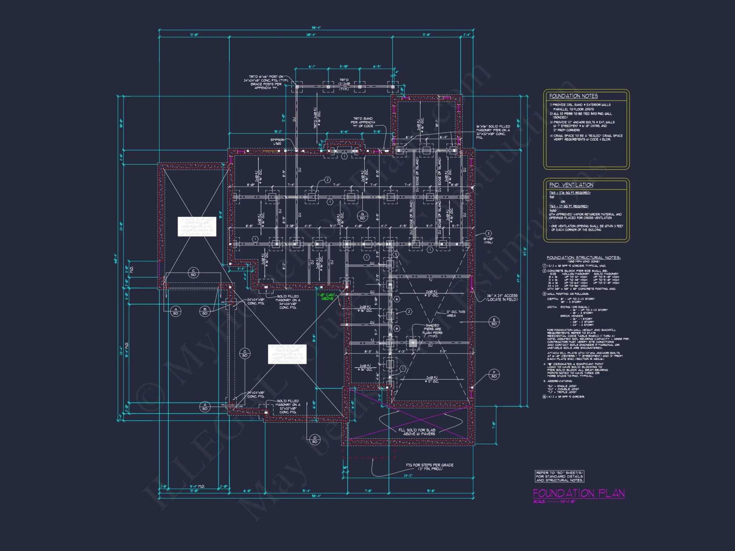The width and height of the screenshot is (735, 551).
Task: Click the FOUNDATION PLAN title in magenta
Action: coord(578,493)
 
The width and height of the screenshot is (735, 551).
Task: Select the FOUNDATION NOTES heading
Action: coord(573,96)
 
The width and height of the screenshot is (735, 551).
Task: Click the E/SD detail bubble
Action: coord(494,322)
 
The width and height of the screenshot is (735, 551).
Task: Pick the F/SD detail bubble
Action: coord(494,374)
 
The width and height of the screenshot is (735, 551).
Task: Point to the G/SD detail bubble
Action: coord(362,216)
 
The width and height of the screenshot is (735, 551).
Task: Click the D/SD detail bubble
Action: coord(315,439)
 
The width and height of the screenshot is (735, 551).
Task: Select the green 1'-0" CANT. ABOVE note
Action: coord(327,297)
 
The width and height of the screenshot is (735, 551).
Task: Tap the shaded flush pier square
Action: coord(413,343)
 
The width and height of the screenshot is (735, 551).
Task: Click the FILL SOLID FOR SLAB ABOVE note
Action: coord(417,432)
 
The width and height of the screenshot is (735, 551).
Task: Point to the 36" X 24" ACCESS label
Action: coord(502,298)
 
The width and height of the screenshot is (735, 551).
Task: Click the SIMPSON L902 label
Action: coord(277,141)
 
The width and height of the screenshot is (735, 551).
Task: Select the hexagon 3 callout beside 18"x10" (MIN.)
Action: coord(488,233)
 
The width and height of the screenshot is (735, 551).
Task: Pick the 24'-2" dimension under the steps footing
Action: coord(408,475)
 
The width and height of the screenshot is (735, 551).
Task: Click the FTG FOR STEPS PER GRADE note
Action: coord(429,467)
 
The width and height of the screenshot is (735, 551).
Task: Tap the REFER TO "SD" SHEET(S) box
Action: coord(559,476)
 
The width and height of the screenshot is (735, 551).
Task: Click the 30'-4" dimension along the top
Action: coord(311,35)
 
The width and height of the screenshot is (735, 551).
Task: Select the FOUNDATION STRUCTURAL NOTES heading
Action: coord(583,258)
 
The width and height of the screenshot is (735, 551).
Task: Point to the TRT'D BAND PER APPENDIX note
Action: coord(363,122)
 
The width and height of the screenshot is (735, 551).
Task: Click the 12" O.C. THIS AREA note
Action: coord(455,313)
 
